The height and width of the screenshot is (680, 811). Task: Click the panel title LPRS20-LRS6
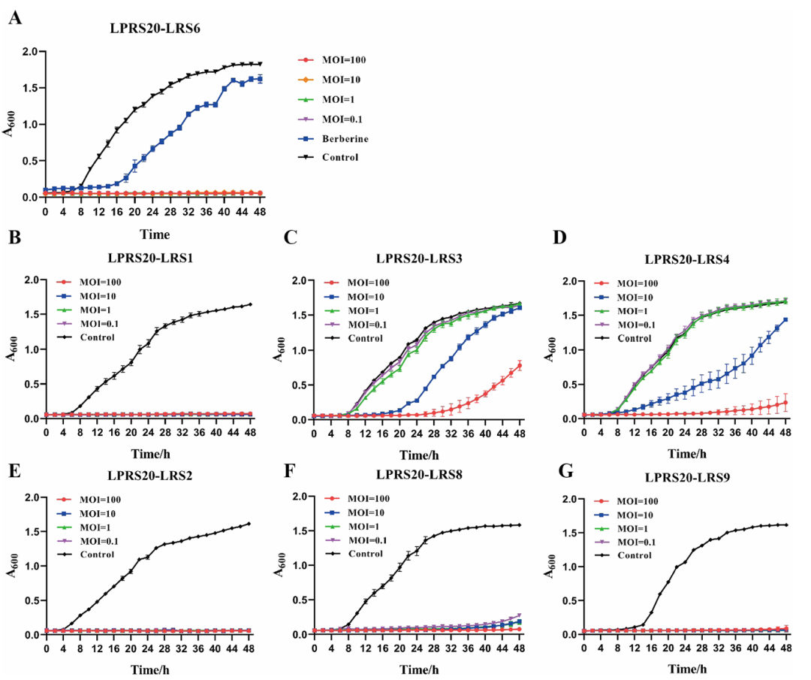(155, 29)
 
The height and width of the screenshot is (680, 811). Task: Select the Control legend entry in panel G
(635, 555)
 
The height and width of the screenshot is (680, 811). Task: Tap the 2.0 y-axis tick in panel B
(30, 280)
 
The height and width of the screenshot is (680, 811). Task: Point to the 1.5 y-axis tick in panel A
(30, 88)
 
